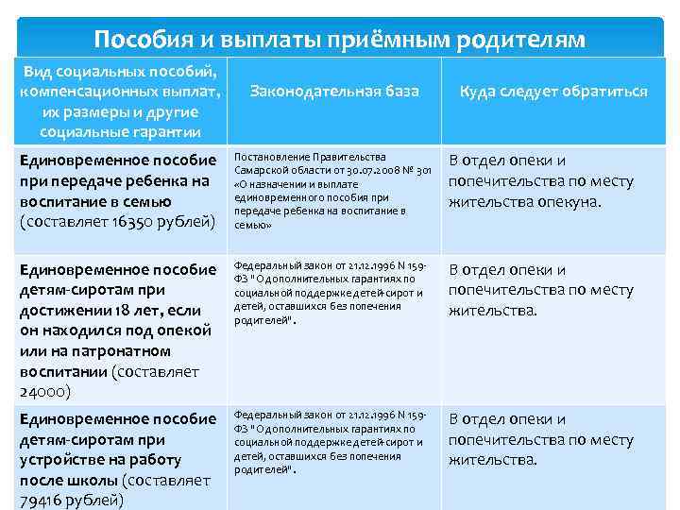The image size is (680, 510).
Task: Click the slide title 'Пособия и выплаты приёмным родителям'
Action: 340,40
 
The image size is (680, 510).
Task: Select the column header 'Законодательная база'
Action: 335,92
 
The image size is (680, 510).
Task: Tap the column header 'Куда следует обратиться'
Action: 552,92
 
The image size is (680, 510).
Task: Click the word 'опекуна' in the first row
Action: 569,201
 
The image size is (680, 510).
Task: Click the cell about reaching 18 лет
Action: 118,330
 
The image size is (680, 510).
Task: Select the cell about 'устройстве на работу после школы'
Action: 118,458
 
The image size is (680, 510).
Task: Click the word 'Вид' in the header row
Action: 40,71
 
